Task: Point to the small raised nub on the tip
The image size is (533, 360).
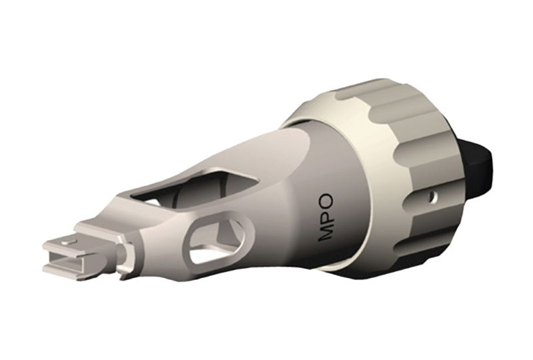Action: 67,238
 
